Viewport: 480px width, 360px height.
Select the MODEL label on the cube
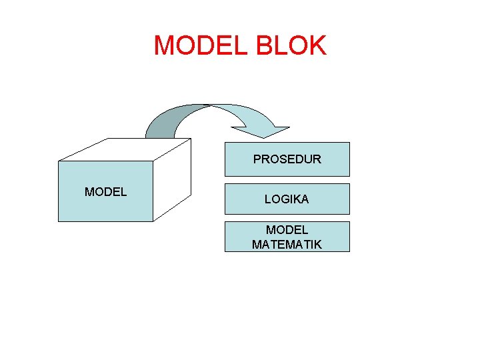pos(105,192)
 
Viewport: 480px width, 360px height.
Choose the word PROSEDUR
pos(287,159)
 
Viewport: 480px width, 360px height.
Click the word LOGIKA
pos(287,199)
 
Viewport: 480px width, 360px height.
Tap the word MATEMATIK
pos(287,245)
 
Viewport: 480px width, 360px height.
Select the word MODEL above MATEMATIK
pos(287,230)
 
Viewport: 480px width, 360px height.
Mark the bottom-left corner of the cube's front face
pos(59,221)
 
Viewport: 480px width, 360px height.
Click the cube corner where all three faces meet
pos(153,161)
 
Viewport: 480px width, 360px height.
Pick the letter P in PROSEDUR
pos(257,159)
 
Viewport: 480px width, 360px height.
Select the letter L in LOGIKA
pos(267,199)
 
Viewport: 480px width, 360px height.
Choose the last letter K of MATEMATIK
pos(318,245)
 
